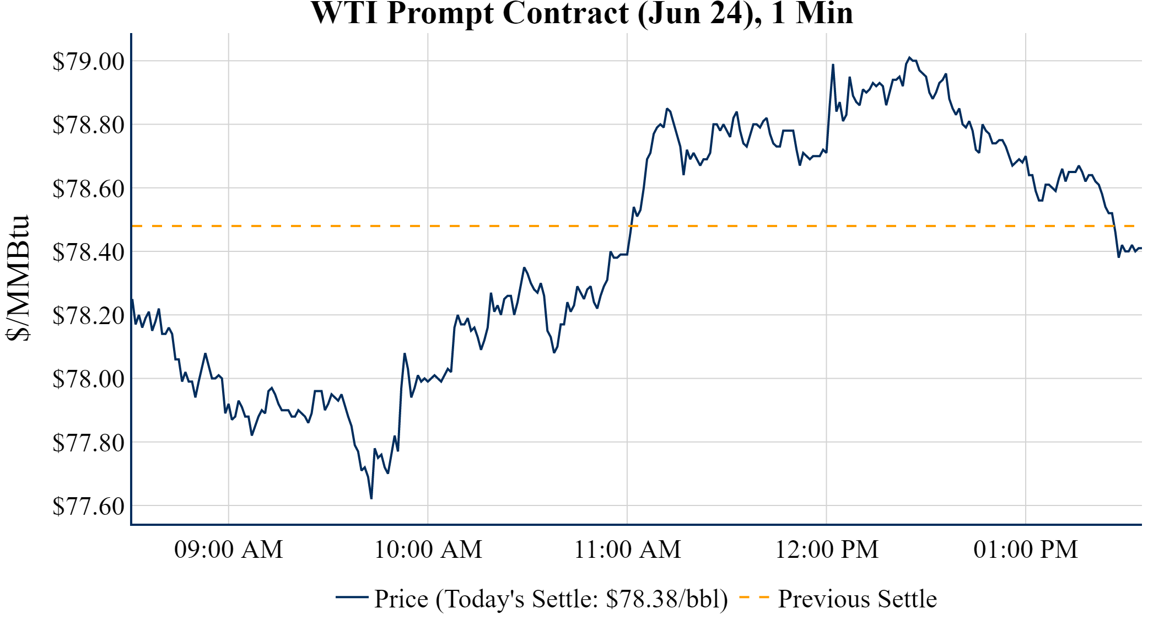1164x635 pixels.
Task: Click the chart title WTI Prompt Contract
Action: (x=582, y=13)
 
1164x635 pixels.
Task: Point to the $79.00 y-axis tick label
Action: (x=89, y=61)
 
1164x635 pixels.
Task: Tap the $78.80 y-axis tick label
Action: (x=89, y=125)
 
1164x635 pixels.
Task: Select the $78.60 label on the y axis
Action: (x=89, y=189)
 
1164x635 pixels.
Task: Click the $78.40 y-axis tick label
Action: (x=89, y=252)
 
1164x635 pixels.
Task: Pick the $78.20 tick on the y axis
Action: (x=89, y=316)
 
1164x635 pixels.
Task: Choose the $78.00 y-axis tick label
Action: (x=89, y=379)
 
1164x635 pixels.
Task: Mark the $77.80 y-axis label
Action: (x=89, y=443)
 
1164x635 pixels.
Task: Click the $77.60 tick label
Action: (x=89, y=506)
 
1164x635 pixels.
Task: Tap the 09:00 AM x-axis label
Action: (x=229, y=550)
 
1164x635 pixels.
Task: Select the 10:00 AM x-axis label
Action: (x=428, y=550)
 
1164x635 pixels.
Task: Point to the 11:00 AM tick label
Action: (x=628, y=550)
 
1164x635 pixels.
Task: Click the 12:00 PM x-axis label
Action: (x=827, y=550)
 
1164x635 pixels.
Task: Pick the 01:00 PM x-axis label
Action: (x=1026, y=550)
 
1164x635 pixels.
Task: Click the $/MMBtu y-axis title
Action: (x=18, y=278)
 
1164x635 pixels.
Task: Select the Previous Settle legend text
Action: (x=857, y=599)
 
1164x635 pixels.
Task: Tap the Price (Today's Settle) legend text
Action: (x=551, y=599)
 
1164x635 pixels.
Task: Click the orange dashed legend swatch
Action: (x=754, y=598)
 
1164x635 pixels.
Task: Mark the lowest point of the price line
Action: (x=371, y=498)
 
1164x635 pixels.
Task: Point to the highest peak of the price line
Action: (x=909, y=57)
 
